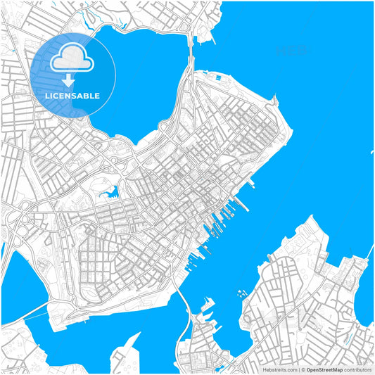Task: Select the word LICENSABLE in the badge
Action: (x=73, y=96)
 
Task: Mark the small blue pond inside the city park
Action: (x=109, y=189)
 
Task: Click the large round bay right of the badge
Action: (x=141, y=77)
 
